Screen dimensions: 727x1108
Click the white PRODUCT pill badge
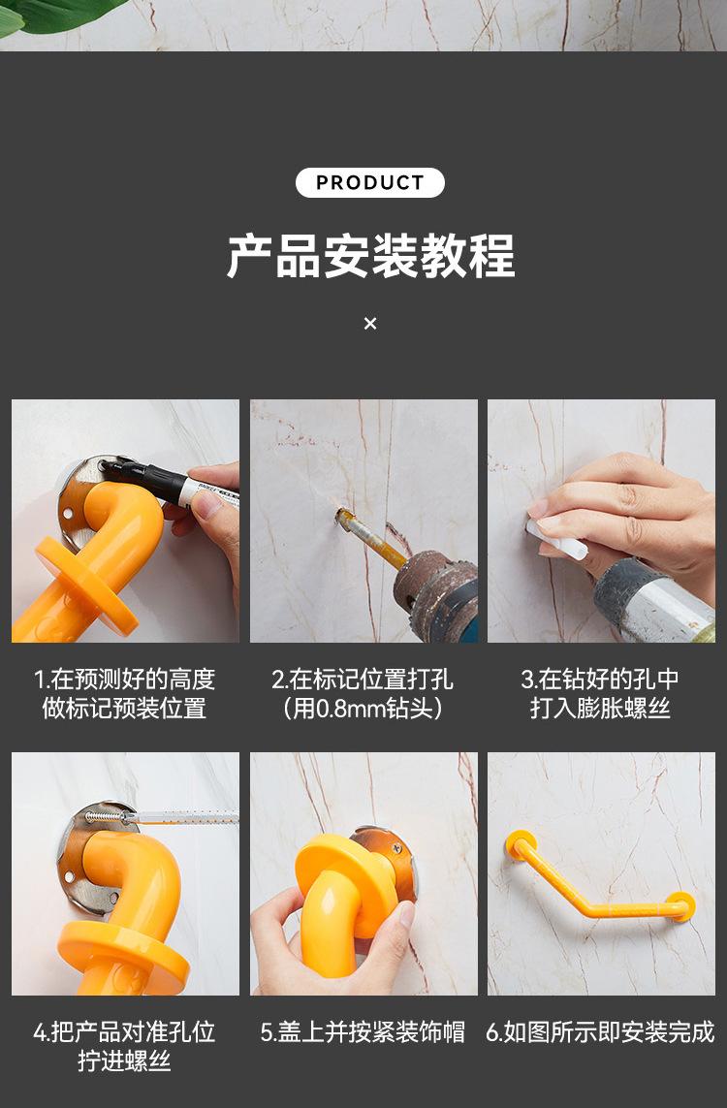369,182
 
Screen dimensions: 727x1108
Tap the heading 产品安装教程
370,256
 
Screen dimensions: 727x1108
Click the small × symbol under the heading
370,323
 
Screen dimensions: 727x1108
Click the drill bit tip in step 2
340,514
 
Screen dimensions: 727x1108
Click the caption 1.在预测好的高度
124,680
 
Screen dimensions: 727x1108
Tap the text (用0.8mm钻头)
363,708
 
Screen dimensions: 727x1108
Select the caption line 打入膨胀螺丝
600,708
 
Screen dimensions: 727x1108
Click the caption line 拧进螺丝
124,1061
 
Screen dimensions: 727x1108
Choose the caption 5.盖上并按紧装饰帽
363,1032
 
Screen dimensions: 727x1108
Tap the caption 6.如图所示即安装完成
600,1032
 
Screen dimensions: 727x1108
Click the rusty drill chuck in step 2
432,593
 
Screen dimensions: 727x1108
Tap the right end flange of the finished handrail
680,906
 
